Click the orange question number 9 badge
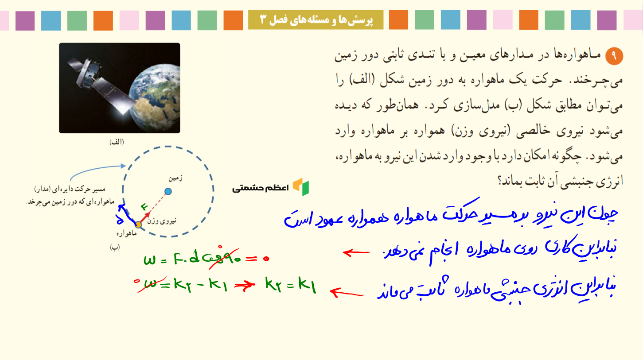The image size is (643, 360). coord(614,56)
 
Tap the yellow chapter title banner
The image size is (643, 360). coord(316,19)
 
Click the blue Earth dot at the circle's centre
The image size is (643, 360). coord(168,191)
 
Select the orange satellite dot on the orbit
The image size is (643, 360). coord(138,225)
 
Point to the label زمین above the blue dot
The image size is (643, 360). coord(175,178)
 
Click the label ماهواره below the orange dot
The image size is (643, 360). coord(127,233)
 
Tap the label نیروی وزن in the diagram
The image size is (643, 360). coord(162,221)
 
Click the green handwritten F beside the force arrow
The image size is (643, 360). coord(144,206)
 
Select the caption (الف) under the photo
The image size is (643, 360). coord(117,142)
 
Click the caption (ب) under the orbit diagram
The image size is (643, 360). coord(115,247)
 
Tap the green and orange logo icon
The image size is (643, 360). coord(301,187)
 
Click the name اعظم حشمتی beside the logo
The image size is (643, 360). coord(261,188)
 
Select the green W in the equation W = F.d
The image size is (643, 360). coord(149,260)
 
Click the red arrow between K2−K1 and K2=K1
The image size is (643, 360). coord(245,286)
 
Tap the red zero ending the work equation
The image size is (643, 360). coord(266,259)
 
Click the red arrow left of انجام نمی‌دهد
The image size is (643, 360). coord(356,253)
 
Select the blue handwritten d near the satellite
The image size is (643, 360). coord(120,220)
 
